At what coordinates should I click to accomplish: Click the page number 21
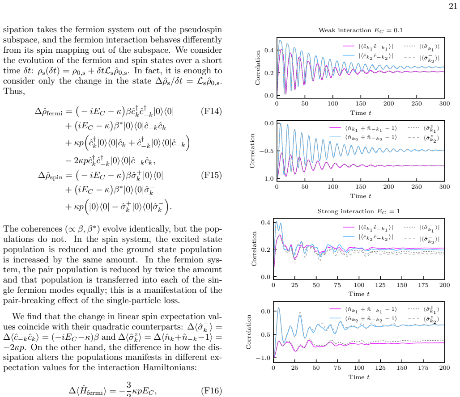coord(453,6)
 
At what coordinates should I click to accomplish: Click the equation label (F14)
coord(211,111)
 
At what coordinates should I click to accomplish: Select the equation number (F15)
coord(211,175)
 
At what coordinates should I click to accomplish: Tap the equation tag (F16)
coord(211,391)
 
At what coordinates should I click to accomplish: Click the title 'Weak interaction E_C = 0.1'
coord(361,30)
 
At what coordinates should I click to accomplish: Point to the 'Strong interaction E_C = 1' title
coord(358,211)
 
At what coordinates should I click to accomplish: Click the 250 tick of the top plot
coord(417,104)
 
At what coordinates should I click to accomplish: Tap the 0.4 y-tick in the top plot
coord(269,50)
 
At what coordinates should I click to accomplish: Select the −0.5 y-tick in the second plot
coord(266,151)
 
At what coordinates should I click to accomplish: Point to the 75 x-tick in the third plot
coord(337,285)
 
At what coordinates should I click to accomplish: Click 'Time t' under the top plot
coord(361,113)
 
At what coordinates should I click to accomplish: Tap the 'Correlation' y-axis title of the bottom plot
coord(249,332)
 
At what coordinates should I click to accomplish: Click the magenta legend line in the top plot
coord(349,46)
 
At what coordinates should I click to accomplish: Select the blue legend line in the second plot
coord(335,137)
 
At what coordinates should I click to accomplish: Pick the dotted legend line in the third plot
coord(409,227)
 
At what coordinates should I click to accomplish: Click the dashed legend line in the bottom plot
coord(413,319)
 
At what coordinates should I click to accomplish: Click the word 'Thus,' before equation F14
coord(14,92)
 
